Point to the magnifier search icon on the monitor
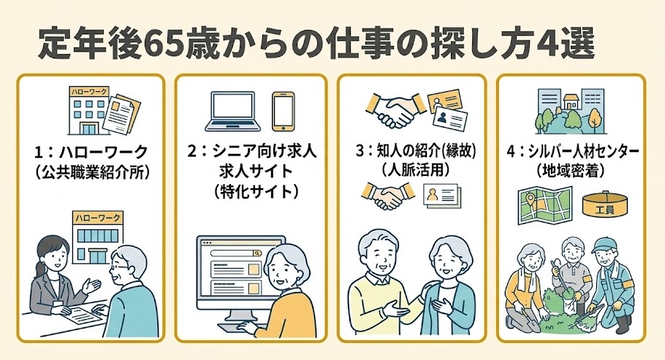[256, 253]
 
